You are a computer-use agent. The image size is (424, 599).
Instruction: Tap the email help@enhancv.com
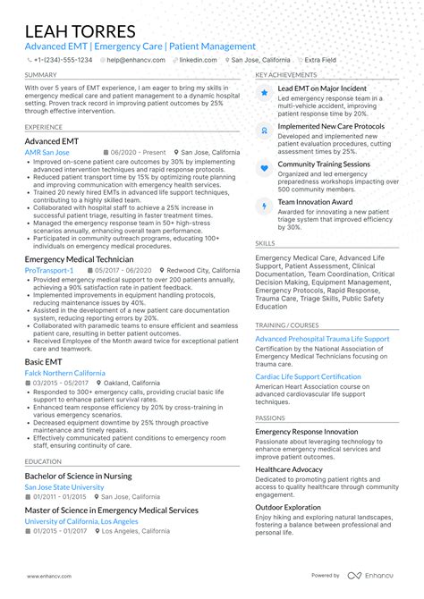coord(133,60)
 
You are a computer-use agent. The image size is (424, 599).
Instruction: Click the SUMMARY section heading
coord(41,75)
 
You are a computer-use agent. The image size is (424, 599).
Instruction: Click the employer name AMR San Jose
coord(47,153)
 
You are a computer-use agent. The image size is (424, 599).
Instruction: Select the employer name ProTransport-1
coord(49,269)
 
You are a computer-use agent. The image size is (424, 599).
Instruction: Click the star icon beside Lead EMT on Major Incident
coord(264,92)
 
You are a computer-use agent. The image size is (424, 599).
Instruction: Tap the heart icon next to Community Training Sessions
coord(264,167)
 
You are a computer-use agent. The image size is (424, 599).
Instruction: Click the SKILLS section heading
coord(265,242)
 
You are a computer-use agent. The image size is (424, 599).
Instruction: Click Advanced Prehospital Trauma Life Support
coord(322,340)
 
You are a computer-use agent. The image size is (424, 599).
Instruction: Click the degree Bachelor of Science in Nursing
coord(78,476)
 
